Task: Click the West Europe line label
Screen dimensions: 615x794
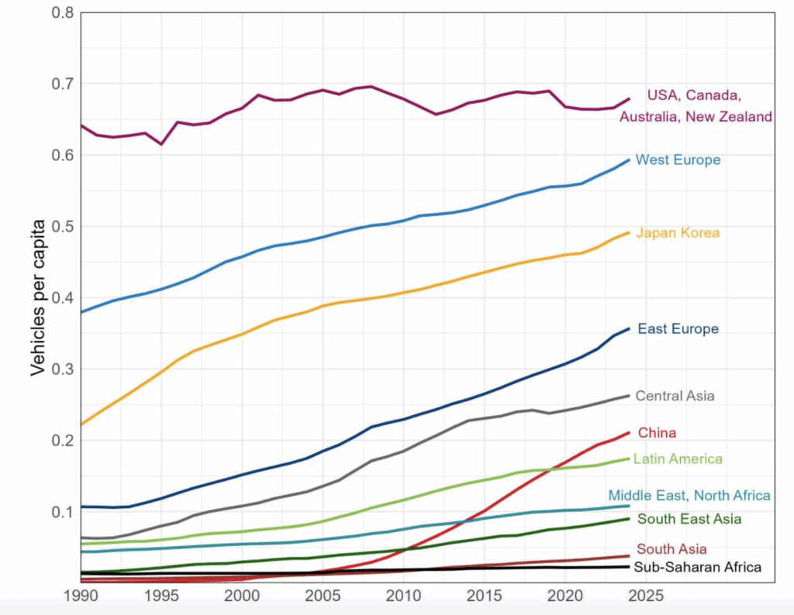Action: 678,160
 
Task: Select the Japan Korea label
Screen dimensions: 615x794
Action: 678,233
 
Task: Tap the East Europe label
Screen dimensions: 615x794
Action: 678,329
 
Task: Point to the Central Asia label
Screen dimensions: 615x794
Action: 675,396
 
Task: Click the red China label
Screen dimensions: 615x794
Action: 657,433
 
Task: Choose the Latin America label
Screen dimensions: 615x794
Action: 678,459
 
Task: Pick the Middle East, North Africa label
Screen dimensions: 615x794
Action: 689,496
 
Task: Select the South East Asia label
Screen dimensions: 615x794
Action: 689,519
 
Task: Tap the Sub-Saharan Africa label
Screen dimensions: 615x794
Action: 697,568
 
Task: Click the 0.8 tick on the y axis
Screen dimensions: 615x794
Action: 61,12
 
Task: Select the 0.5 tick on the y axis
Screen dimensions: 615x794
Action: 61,227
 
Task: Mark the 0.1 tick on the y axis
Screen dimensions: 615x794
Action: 61,512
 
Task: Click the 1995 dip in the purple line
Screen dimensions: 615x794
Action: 161,144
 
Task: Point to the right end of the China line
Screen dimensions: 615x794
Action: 629,432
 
